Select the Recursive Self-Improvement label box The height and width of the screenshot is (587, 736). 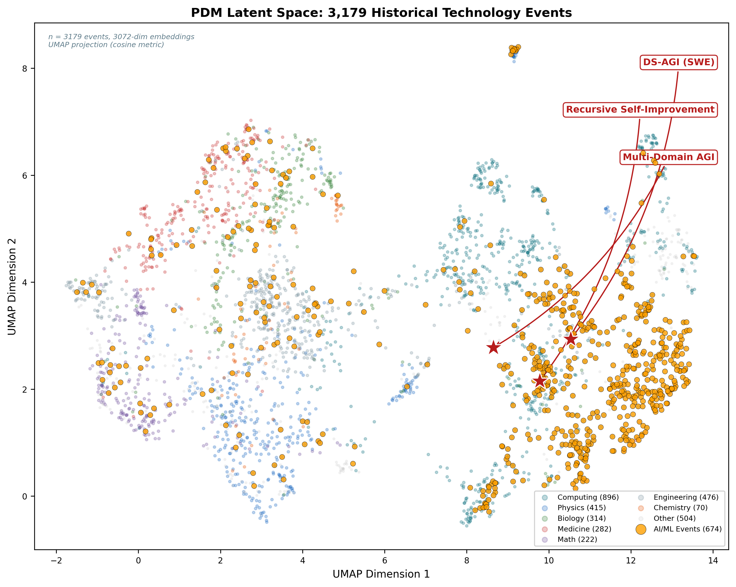pos(640,110)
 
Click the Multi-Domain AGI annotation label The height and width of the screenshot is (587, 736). pos(668,157)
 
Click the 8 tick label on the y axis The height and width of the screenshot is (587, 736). pos(24,69)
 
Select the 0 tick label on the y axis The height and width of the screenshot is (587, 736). pos(24,497)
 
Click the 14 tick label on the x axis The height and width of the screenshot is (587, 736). pos(713,561)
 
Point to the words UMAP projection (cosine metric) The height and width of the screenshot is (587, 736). pos(106,45)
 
